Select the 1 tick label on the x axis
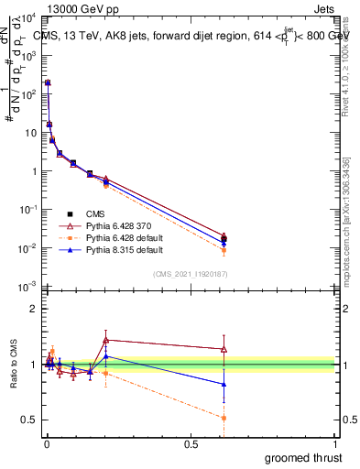(x=336, y=443)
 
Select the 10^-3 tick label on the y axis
(x=28, y=287)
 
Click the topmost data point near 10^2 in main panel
(x=47, y=82)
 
